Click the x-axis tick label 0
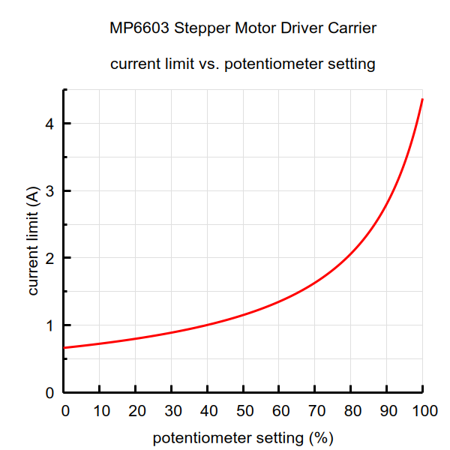coord(64,411)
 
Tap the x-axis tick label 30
coord(172,411)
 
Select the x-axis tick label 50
coord(244,411)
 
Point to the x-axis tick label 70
coord(316,411)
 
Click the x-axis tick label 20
coord(136,411)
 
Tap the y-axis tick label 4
coord(49,123)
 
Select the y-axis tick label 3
coord(49,190)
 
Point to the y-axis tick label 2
coord(49,258)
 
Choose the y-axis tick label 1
coord(49,325)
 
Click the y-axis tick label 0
coord(49,393)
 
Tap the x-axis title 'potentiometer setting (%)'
coord(243,437)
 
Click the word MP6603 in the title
coord(139,29)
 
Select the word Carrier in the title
coord(352,29)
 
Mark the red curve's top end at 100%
coord(423,99)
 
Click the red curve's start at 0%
coord(64,348)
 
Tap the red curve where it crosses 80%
coord(351,256)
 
